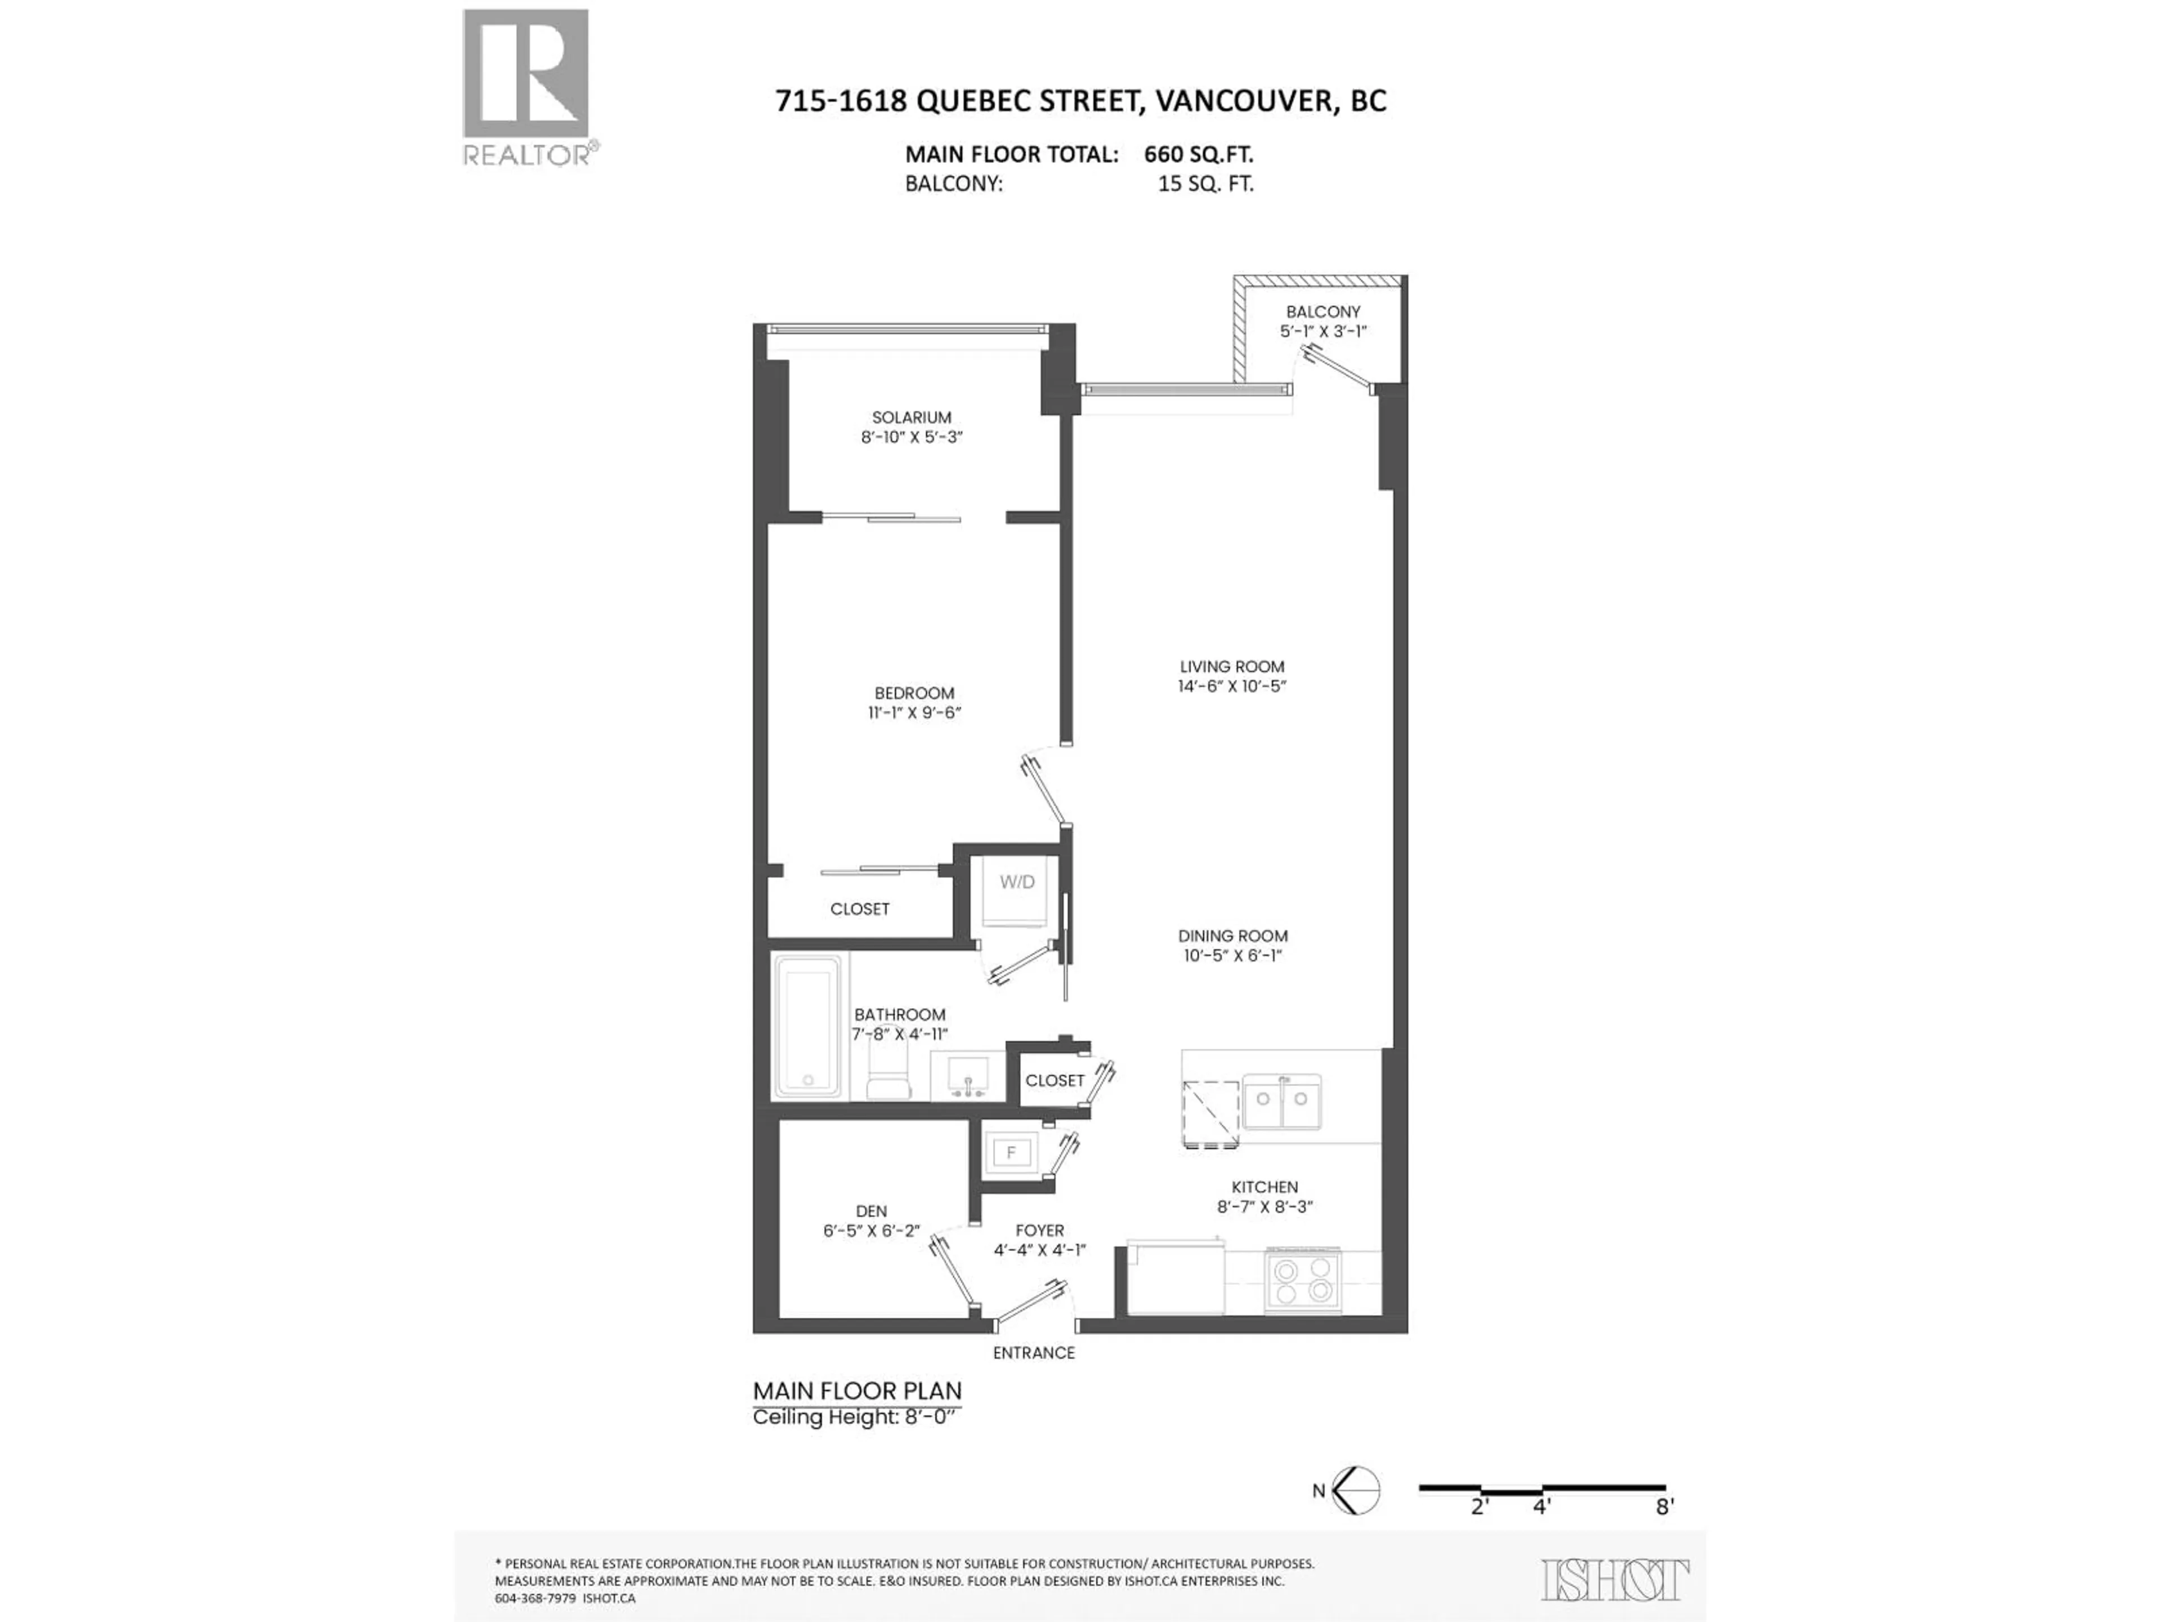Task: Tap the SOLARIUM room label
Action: (911, 417)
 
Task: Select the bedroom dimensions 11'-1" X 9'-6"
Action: (914, 713)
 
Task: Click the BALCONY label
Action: (1323, 312)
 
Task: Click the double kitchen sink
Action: (1281, 1101)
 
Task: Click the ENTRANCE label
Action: (1033, 1353)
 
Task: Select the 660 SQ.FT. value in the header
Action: (1198, 154)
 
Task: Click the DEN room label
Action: (871, 1211)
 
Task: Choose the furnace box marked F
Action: (1012, 1153)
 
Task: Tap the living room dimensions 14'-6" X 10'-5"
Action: (1231, 687)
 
